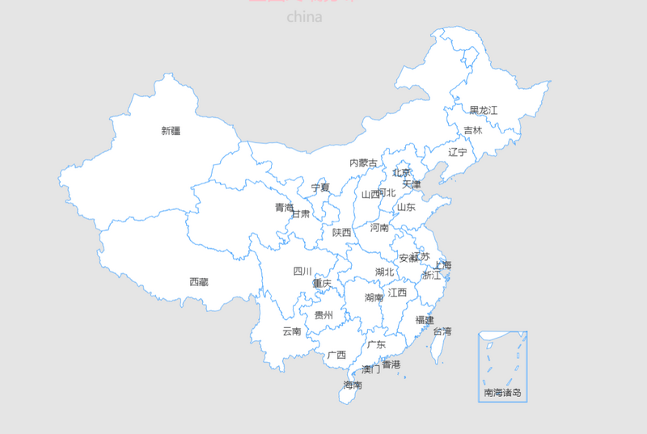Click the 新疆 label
[171, 130]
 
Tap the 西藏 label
[199, 282]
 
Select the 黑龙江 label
[484, 110]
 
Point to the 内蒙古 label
[363, 163]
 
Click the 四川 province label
[302, 272]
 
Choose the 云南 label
[292, 331]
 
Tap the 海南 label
[353, 385]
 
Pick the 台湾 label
[442, 331]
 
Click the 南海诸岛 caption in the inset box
[503, 394]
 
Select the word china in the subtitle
[304, 16]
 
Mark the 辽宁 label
[458, 152]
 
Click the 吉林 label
[473, 130]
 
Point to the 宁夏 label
[321, 188]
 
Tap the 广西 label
[336, 355]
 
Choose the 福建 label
[425, 320]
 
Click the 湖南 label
[374, 297]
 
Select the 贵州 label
[323, 315]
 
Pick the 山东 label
[406, 207]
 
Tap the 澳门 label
[371, 369]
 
